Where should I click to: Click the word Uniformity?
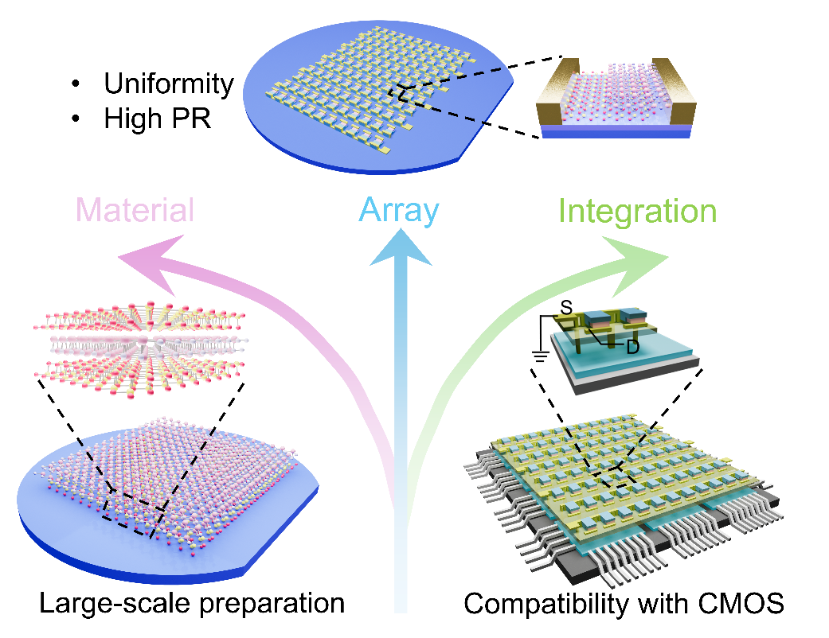(169, 84)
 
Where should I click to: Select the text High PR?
(158, 119)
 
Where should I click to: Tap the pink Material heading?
(135, 210)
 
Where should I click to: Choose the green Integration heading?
(638, 212)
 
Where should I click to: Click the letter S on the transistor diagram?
(566, 307)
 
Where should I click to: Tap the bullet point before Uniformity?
(76, 84)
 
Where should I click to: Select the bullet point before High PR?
(76, 119)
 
